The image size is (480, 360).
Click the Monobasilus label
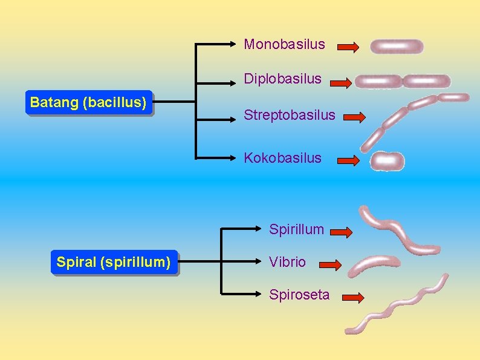coord(284,44)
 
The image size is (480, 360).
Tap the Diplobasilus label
coord(282,79)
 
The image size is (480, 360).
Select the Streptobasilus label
coord(289,115)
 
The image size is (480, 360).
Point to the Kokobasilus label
coord(282,158)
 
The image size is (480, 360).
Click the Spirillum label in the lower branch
coord(296,229)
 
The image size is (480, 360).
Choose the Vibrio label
coord(287,262)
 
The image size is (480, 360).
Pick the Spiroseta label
coord(299,295)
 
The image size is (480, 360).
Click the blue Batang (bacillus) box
coord(88,103)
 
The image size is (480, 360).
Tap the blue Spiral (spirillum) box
coord(114,263)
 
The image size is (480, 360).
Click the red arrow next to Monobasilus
coord(348,47)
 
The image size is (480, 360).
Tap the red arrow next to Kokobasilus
coord(348,160)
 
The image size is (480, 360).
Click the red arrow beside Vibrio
coord(330,264)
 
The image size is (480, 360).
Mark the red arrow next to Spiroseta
coord(352,297)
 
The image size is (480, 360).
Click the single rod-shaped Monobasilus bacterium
coord(397,47)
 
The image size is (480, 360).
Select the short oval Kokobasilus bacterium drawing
coord(388,161)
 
